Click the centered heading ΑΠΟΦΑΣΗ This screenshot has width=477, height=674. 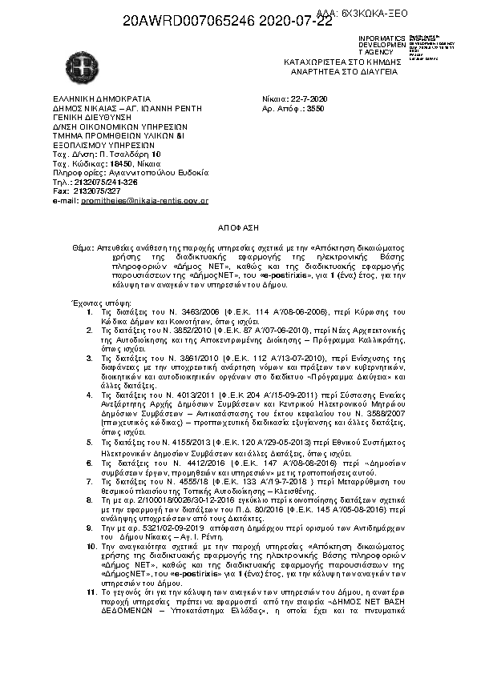click(x=239, y=227)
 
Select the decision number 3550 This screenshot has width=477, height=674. click(x=316, y=106)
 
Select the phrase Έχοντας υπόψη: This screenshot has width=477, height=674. click(x=95, y=303)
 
